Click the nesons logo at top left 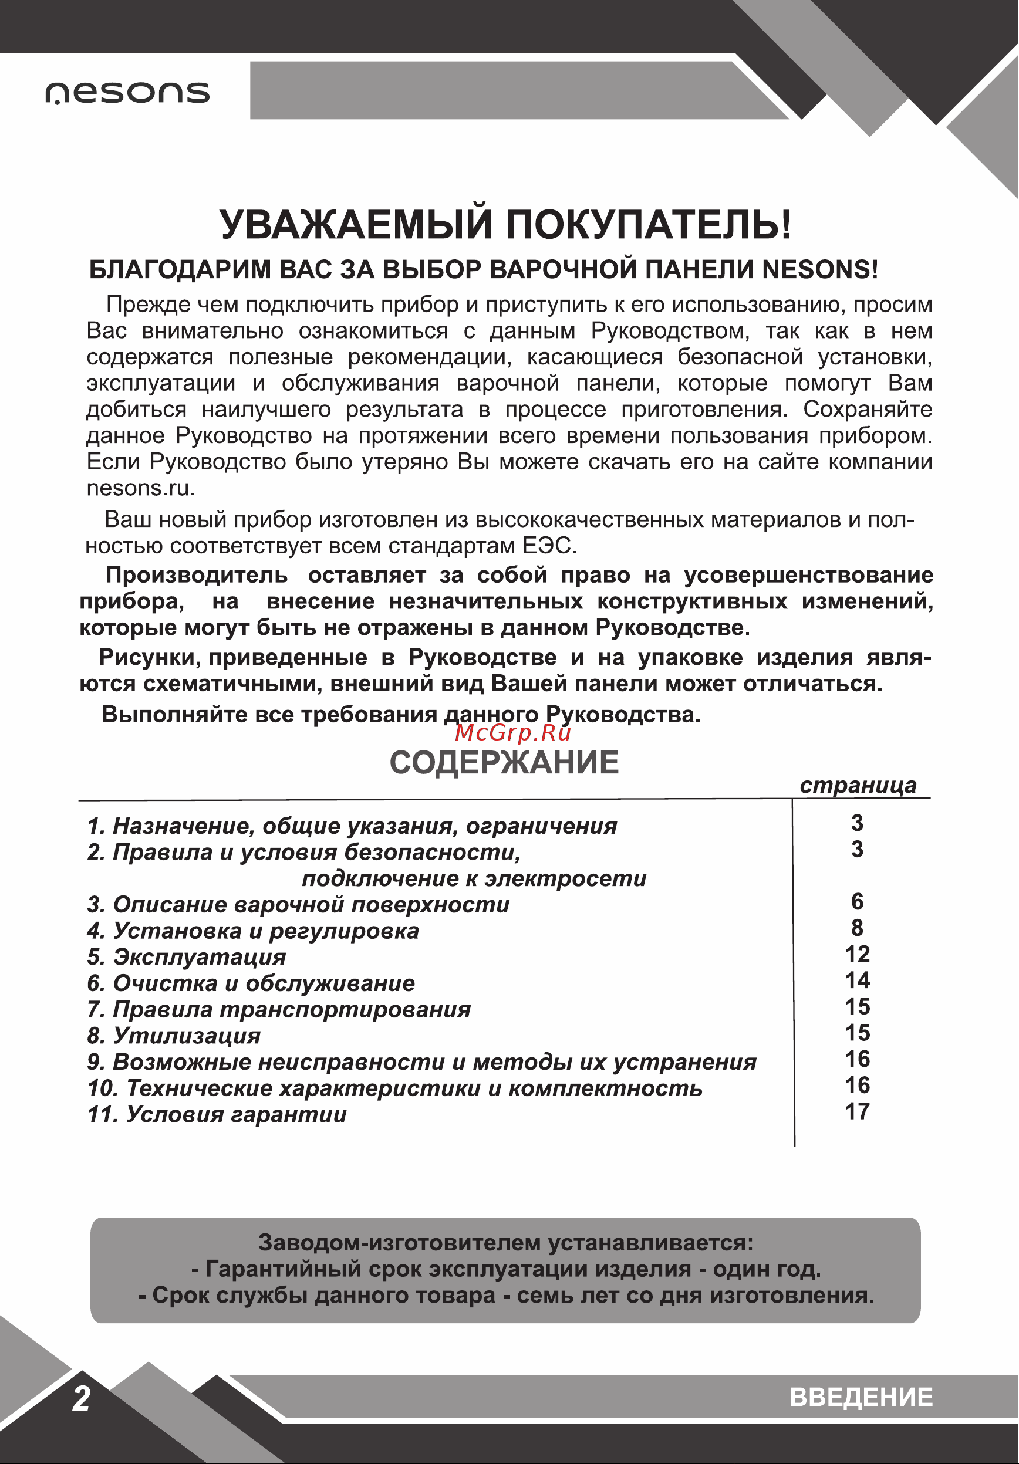coord(127,93)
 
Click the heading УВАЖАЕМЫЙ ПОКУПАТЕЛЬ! coord(505,225)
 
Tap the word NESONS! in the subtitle coord(820,270)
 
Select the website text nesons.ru coord(140,488)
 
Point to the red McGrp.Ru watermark coord(512,733)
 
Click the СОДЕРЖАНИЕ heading coord(504,763)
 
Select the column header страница coord(858,786)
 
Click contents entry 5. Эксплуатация coord(187,957)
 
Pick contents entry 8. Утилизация coord(174,1036)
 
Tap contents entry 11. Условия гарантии coord(217,1115)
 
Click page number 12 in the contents coord(857,955)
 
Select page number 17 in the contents coord(857,1112)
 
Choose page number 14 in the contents coord(857,980)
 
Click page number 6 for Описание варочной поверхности coord(857,902)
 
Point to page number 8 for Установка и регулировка coord(857,928)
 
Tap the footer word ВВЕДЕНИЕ coord(861,1397)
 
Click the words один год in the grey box coord(765,1270)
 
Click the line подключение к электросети coord(474,878)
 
